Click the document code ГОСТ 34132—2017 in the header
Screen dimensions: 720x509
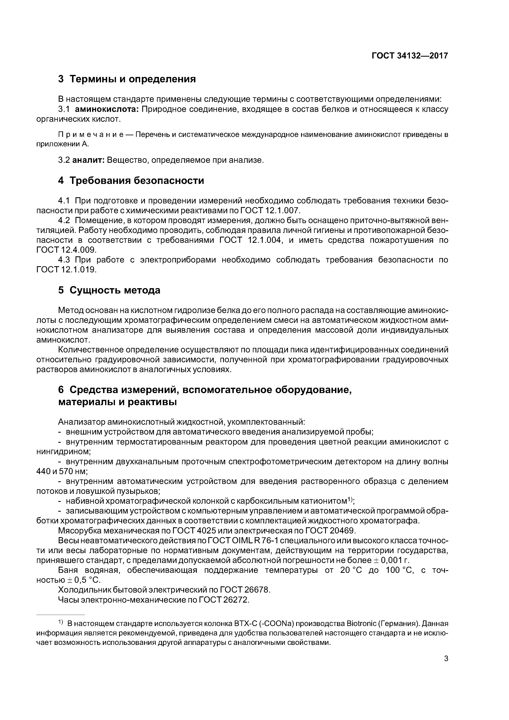(x=410, y=56)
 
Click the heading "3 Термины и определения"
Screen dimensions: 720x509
(x=127, y=79)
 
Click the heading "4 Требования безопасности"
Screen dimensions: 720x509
(x=131, y=181)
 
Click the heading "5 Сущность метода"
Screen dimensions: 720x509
(x=109, y=290)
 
